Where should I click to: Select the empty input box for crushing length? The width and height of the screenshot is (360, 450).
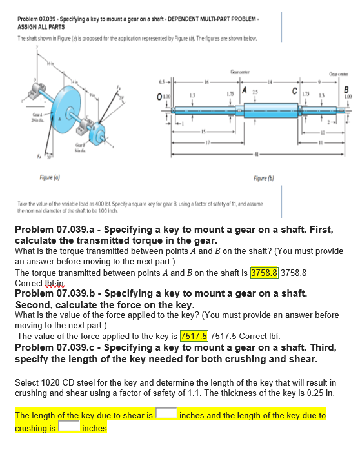click(x=68, y=427)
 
